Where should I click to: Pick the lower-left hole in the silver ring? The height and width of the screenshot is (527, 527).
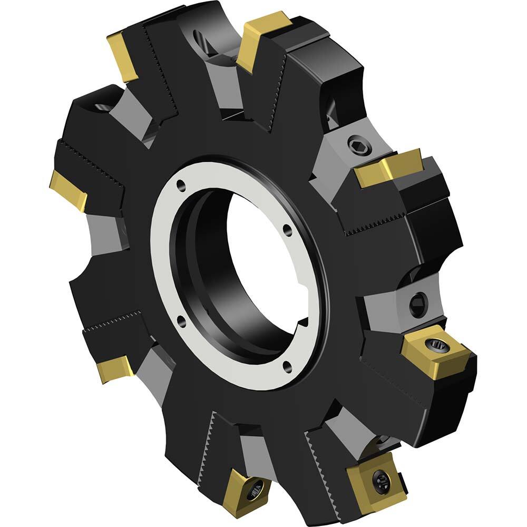[181, 319]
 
